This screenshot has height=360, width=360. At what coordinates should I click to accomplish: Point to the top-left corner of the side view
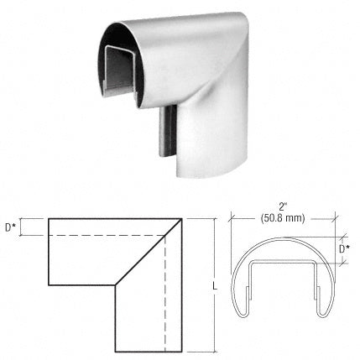point(50,219)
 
